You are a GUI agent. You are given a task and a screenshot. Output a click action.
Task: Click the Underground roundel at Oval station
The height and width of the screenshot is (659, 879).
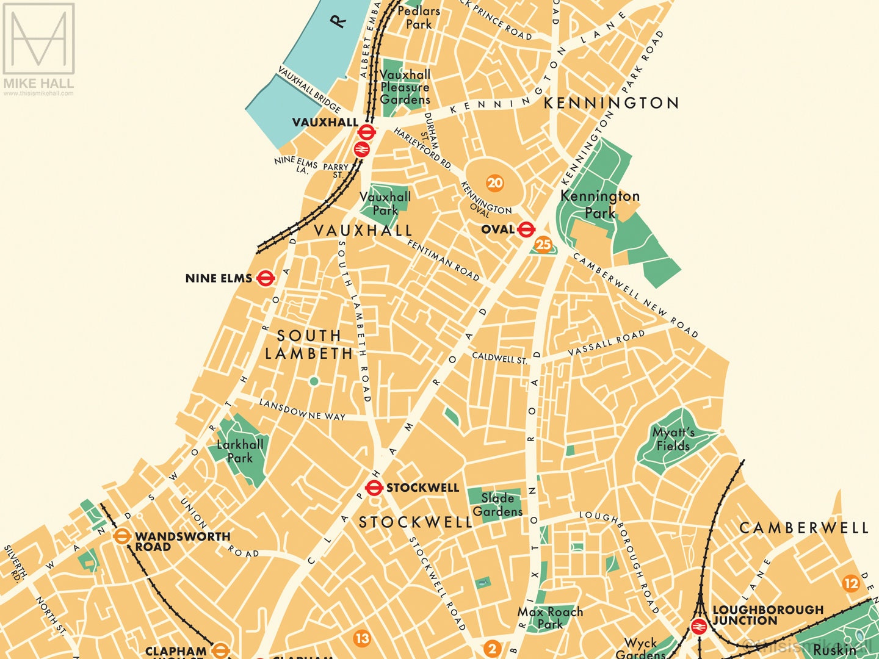tap(526, 229)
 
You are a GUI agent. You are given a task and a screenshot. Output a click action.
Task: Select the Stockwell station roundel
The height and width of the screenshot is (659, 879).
tap(374, 488)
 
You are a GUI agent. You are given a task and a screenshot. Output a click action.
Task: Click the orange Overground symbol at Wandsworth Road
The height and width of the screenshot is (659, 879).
tap(121, 536)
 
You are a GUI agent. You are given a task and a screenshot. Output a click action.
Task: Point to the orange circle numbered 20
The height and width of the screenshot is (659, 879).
tap(495, 182)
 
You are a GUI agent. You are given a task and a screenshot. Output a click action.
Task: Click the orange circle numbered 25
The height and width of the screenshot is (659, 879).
tap(543, 245)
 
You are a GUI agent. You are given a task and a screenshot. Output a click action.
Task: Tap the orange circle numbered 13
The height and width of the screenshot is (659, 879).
tap(362, 638)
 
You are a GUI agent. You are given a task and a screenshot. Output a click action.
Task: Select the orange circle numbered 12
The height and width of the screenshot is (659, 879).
tap(851, 583)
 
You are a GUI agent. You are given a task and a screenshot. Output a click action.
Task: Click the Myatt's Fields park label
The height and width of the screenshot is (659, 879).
tap(673, 439)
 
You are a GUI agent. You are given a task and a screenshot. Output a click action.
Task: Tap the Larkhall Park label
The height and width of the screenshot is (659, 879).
tap(240, 451)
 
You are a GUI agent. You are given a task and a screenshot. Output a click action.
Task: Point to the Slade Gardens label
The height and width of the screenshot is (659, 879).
tap(497, 505)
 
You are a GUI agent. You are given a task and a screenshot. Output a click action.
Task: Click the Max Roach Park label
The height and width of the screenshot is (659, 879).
tap(550, 618)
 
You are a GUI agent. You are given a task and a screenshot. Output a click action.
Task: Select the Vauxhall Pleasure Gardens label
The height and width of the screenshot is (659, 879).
tap(405, 87)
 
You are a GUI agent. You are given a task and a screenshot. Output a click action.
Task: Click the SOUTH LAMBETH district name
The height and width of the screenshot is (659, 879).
tap(309, 344)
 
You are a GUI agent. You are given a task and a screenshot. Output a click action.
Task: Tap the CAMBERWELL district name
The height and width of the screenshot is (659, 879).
tap(803, 528)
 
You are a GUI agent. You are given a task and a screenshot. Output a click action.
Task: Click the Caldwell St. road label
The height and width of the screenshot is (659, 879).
tap(499, 358)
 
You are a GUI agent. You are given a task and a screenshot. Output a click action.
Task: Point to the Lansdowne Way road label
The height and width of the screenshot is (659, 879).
tap(302, 409)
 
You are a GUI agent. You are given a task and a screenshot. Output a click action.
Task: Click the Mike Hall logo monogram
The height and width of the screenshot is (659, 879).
tap(38, 38)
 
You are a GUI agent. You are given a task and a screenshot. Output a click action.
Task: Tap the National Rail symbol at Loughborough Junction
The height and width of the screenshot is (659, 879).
tap(698, 627)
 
